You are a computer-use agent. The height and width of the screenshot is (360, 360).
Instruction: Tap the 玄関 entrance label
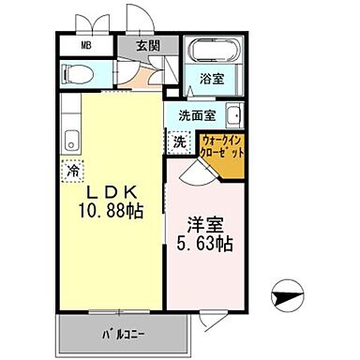(146, 45)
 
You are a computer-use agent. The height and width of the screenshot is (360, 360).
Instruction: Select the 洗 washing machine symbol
(179, 142)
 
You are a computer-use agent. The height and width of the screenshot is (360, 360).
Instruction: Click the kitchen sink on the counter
(69, 142)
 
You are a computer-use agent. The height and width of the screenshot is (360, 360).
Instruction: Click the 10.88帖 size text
(110, 212)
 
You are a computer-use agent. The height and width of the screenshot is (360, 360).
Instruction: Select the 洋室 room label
(205, 226)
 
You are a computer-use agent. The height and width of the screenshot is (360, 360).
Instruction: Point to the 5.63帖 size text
(205, 245)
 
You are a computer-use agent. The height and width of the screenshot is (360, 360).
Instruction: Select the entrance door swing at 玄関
(135, 20)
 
